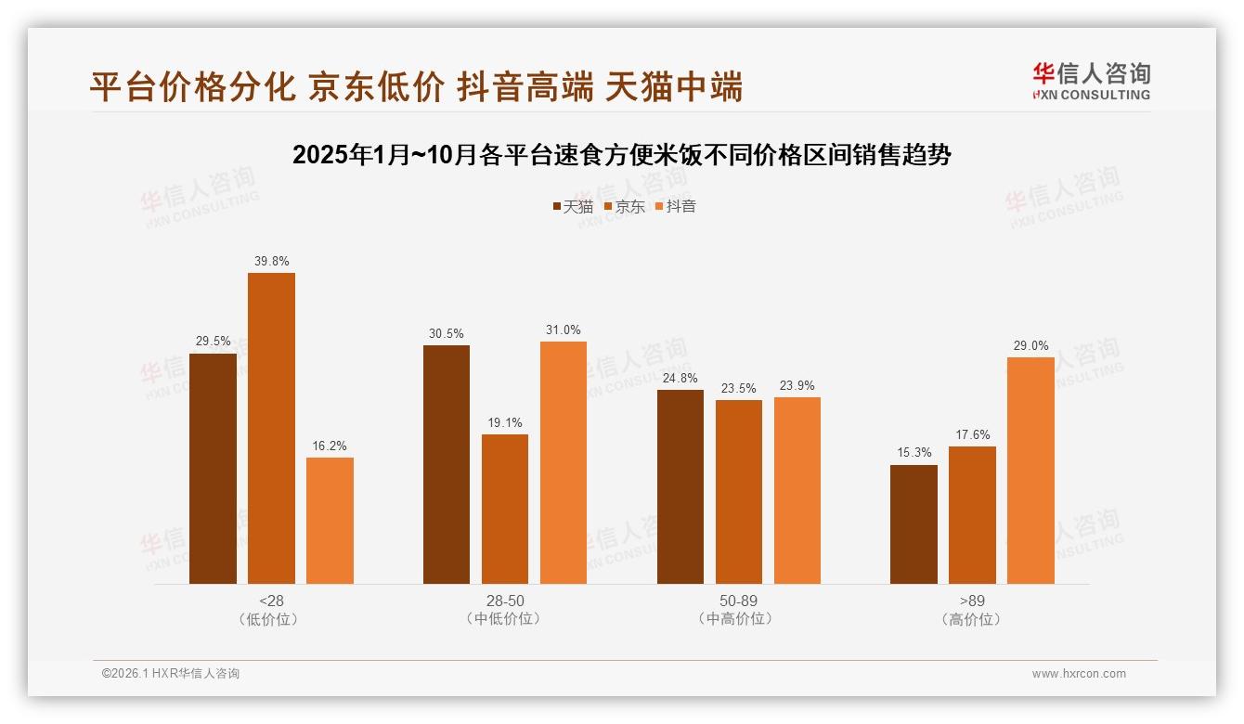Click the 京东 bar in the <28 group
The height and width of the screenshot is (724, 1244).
point(271,428)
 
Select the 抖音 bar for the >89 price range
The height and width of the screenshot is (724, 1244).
point(1030,471)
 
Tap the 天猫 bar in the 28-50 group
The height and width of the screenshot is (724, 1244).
point(447,464)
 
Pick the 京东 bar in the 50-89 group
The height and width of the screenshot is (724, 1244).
point(739,492)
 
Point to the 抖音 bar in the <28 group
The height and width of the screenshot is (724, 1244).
point(330,521)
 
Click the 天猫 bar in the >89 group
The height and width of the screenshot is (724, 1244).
point(914,524)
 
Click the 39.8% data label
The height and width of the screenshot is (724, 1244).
point(271,262)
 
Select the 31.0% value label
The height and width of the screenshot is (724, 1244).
point(564,330)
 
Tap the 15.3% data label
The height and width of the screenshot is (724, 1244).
point(914,453)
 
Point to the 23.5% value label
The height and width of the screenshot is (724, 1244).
point(739,389)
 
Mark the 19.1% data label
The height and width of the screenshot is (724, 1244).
point(505,423)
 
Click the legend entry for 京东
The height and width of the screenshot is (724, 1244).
point(624,207)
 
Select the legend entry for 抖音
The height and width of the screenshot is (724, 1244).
point(675,207)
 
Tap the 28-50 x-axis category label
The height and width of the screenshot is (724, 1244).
point(505,601)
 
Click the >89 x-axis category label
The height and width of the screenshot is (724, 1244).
point(972,601)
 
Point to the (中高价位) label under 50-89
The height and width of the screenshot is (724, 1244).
point(739,619)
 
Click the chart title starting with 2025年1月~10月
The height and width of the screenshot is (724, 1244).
point(622,155)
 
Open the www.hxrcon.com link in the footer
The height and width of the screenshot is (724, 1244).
point(1079,674)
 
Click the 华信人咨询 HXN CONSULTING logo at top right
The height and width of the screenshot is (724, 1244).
point(1091,82)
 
